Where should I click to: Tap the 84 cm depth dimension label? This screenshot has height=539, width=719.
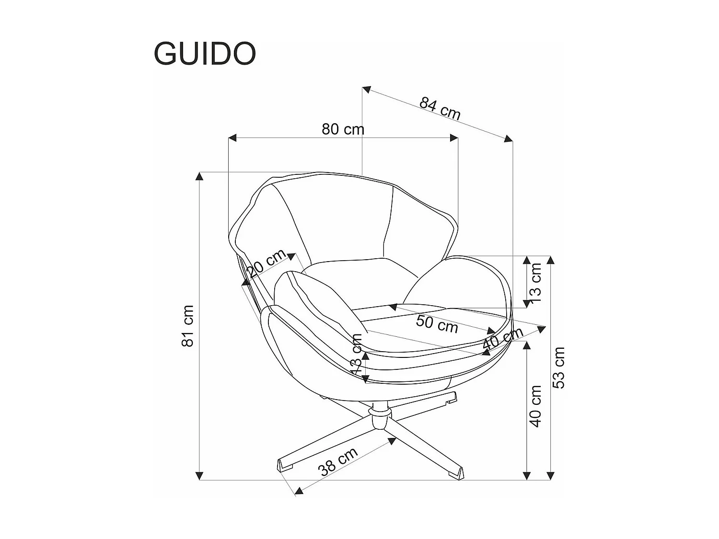click(x=440, y=109)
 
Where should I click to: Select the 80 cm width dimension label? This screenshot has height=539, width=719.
click(x=343, y=129)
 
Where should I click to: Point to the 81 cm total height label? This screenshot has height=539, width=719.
click(x=188, y=326)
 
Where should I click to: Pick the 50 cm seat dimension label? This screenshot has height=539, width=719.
click(x=437, y=324)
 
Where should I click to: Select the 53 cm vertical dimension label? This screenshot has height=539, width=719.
click(x=559, y=367)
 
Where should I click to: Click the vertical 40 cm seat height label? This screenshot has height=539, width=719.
click(x=535, y=406)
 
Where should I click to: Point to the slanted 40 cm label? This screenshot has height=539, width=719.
click(x=502, y=339)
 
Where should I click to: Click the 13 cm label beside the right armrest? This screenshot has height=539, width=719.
click(x=535, y=280)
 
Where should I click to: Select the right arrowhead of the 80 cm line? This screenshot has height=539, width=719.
click(x=453, y=138)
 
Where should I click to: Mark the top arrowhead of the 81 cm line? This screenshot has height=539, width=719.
click(x=199, y=176)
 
